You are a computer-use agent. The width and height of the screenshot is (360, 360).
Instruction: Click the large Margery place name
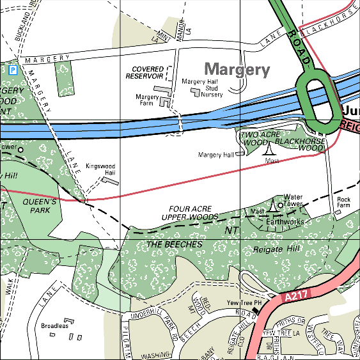(237, 70)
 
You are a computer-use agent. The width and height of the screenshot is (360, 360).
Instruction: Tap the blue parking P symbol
(13, 68)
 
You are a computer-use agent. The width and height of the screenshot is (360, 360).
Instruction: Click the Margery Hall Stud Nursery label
(202, 88)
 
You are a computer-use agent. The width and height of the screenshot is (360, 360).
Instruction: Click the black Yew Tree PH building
(256, 311)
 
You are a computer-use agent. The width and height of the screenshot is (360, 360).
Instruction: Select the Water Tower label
(293, 200)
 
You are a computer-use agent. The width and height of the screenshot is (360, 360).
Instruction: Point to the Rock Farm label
(343, 203)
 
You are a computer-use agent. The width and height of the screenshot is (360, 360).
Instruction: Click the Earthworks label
(285, 222)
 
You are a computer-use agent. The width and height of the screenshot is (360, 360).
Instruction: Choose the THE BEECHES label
(174, 244)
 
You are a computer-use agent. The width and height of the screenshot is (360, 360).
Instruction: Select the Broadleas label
(54, 326)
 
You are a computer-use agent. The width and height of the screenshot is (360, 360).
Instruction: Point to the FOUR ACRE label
(191, 209)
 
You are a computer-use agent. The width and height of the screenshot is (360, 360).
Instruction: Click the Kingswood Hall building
(111, 181)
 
